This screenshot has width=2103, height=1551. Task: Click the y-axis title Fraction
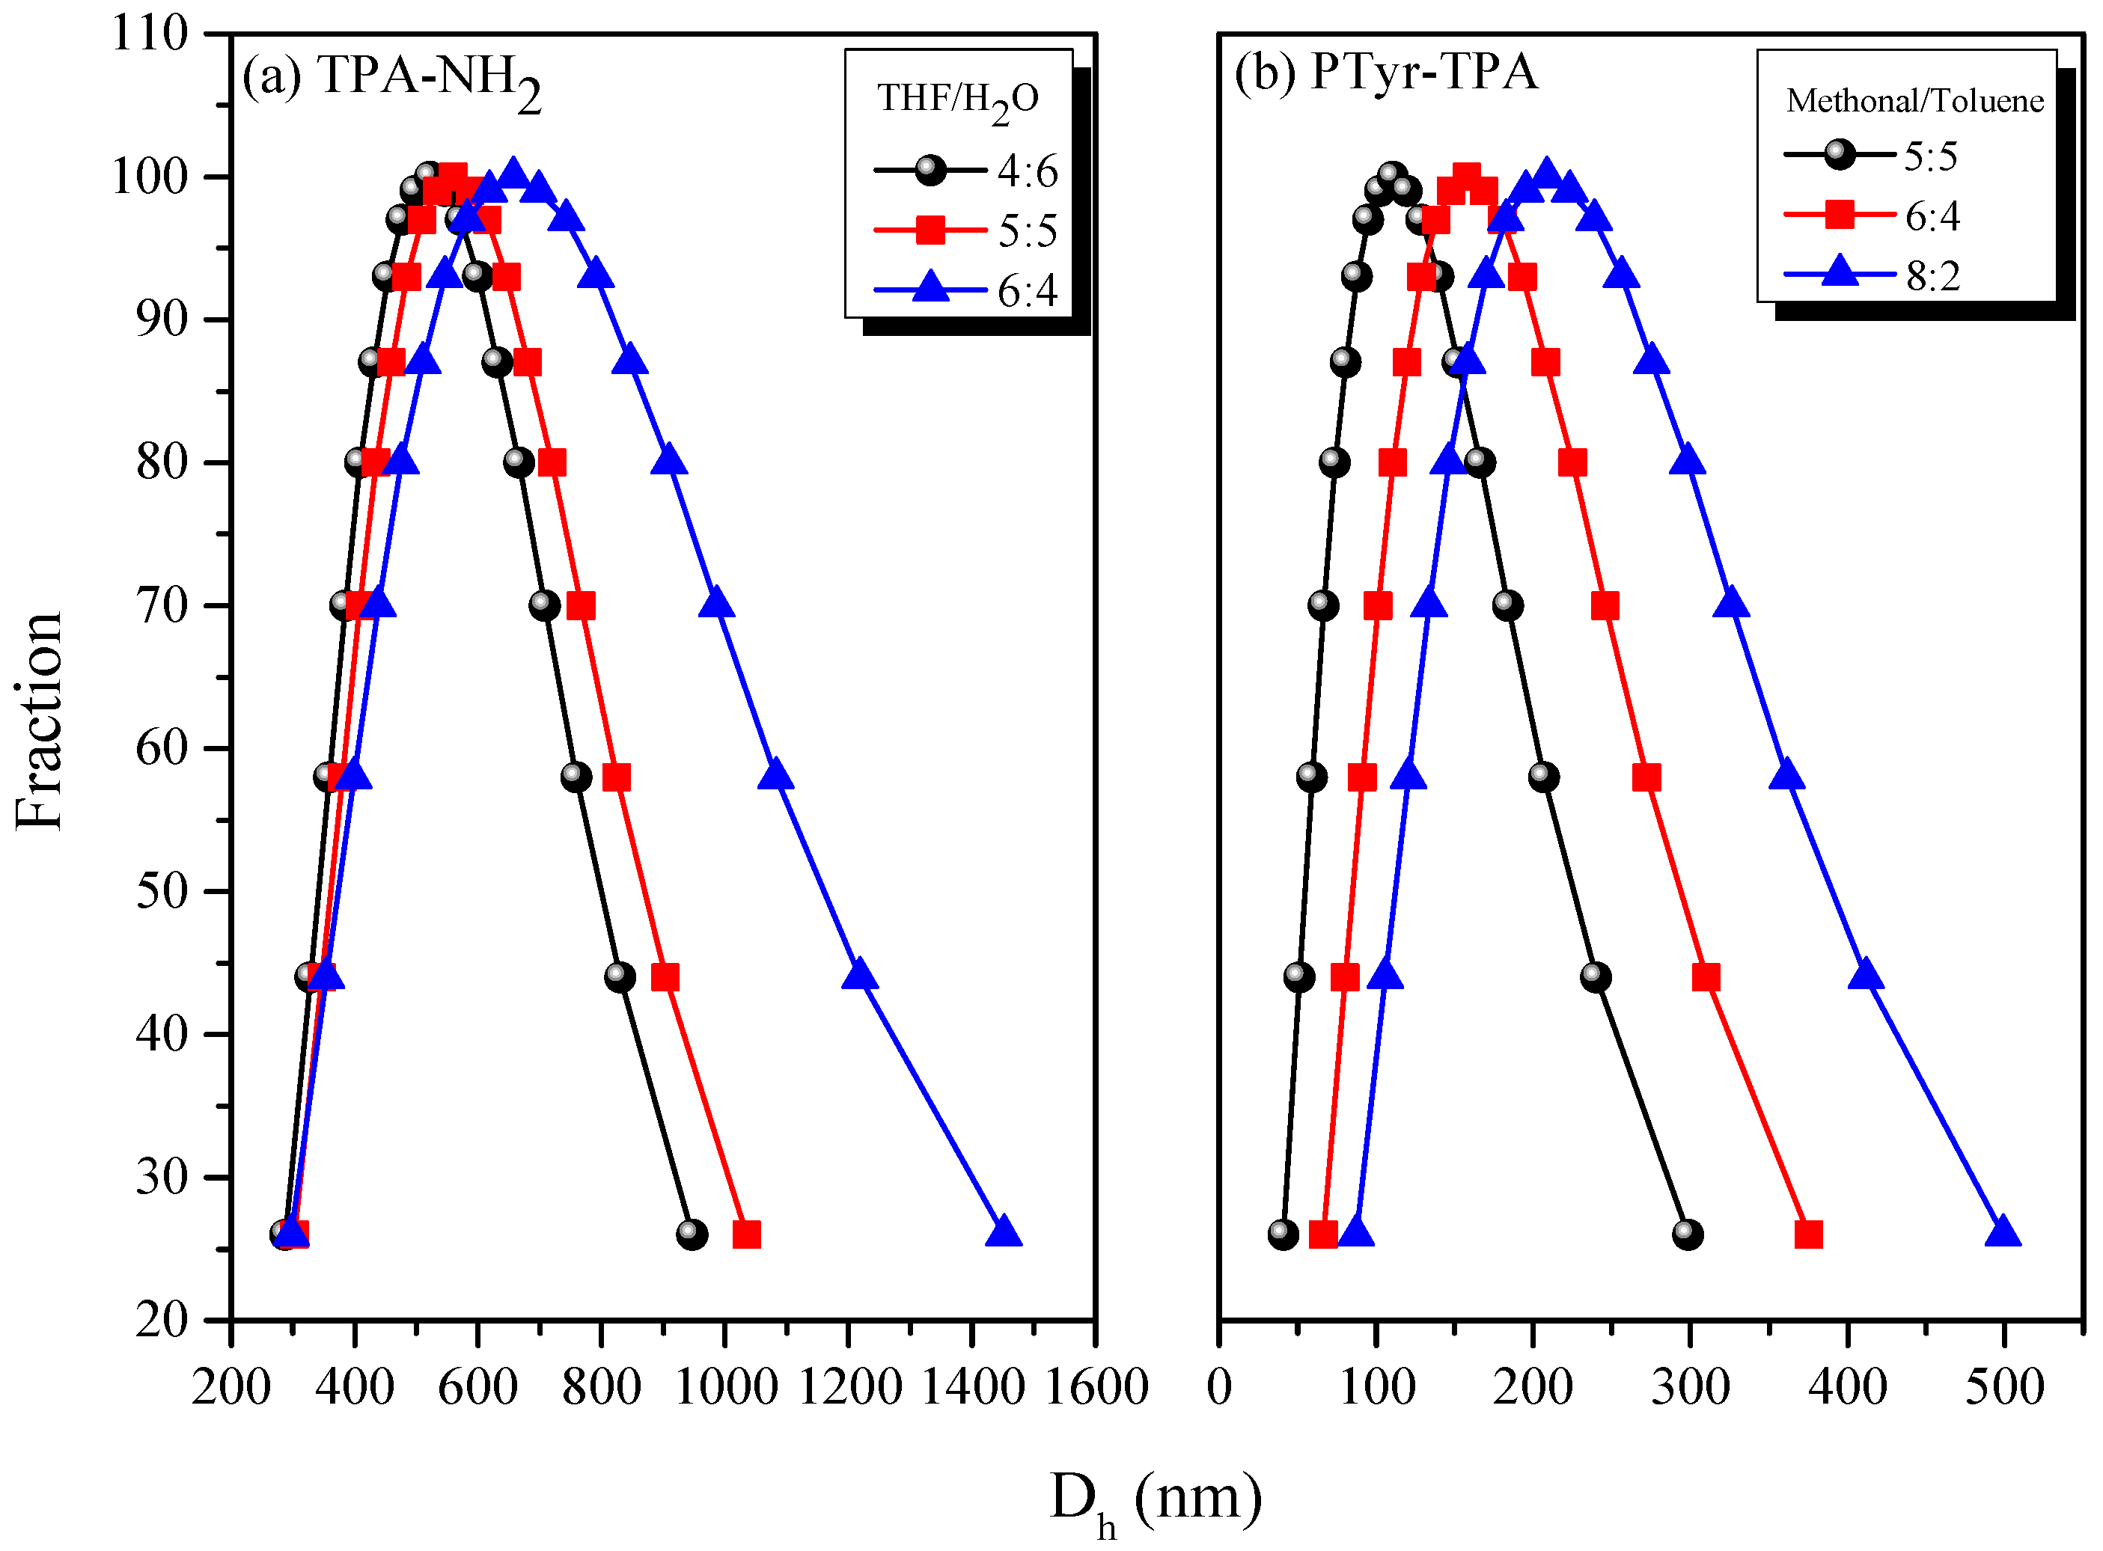[x=40, y=721]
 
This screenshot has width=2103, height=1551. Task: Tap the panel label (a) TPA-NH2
[x=391, y=77]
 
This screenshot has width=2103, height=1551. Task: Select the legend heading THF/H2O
[x=959, y=100]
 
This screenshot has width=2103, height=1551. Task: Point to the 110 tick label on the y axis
[x=150, y=34]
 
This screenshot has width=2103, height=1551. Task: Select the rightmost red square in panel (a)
[x=746, y=1235]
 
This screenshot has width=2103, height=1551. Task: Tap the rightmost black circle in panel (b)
[x=1687, y=1235]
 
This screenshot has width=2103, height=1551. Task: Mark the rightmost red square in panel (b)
[x=1808, y=1235]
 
